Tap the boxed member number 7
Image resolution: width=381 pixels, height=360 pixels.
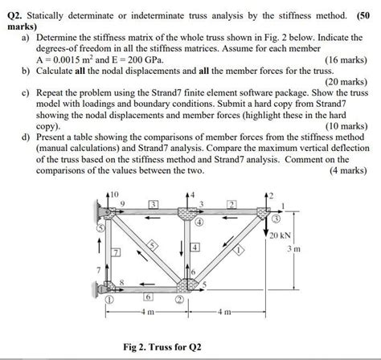(115, 253)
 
